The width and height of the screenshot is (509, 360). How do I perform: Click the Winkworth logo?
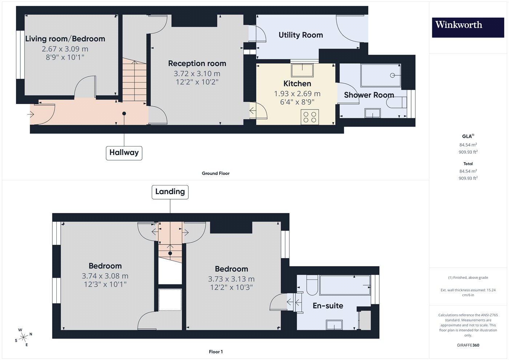click(468, 28)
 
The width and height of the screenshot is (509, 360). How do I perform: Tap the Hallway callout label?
click(124, 153)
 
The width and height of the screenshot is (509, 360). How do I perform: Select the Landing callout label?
click(170, 192)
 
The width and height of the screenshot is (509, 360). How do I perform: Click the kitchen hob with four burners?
click(310, 117)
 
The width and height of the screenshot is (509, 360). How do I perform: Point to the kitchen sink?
click(302, 70)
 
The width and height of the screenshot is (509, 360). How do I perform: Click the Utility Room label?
click(301, 35)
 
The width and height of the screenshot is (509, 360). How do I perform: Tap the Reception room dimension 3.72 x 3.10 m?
click(197, 73)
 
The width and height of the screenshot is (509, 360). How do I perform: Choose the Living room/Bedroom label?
click(65, 39)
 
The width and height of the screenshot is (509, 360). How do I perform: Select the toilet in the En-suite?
click(312, 285)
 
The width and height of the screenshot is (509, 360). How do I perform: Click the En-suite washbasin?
click(334, 325)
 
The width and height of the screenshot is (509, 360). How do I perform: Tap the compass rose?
click(23, 337)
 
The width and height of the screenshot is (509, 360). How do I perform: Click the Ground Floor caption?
click(216, 173)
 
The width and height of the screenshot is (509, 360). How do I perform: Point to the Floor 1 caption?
click(216, 352)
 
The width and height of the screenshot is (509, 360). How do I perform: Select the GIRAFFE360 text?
click(468, 345)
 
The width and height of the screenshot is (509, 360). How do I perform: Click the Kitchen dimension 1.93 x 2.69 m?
click(297, 94)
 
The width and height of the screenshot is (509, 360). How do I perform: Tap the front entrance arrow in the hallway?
click(31, 114)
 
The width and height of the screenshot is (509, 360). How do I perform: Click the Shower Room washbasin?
click(373, 113)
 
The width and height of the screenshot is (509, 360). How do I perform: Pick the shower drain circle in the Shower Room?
click(392, 75)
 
